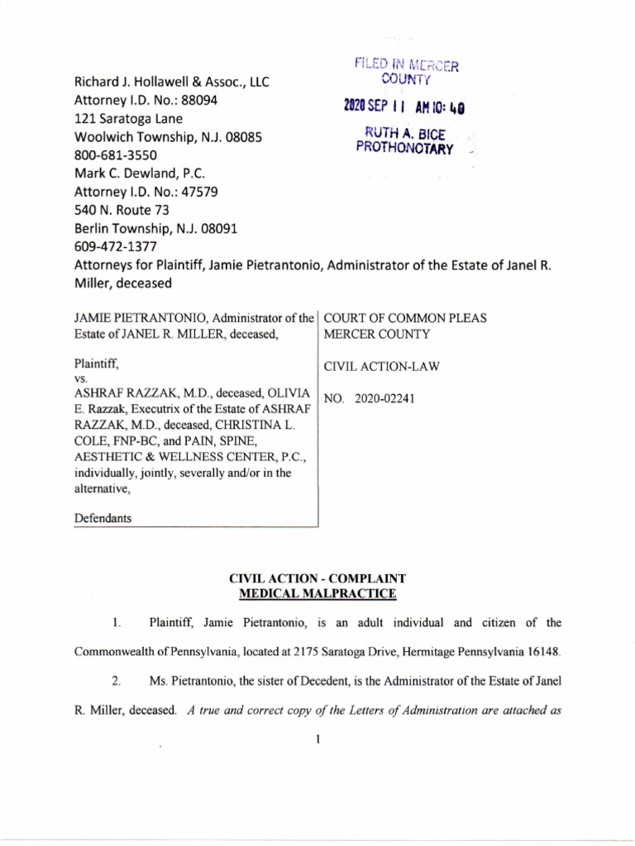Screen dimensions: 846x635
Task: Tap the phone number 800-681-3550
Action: pyautogui.click(x=115, y=155)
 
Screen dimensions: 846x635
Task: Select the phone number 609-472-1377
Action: pyautogui.click(x=115, y=246)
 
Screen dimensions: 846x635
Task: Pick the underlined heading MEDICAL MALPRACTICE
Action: pyautogui.click(x=317, y=593)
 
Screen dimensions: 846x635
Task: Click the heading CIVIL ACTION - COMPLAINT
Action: pyautogui.click(x=317, y=579)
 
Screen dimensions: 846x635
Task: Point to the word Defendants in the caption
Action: pyautogui.click(x=103, y=518)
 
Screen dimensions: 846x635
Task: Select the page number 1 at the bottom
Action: pyautogui.click(x=317, y=737)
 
